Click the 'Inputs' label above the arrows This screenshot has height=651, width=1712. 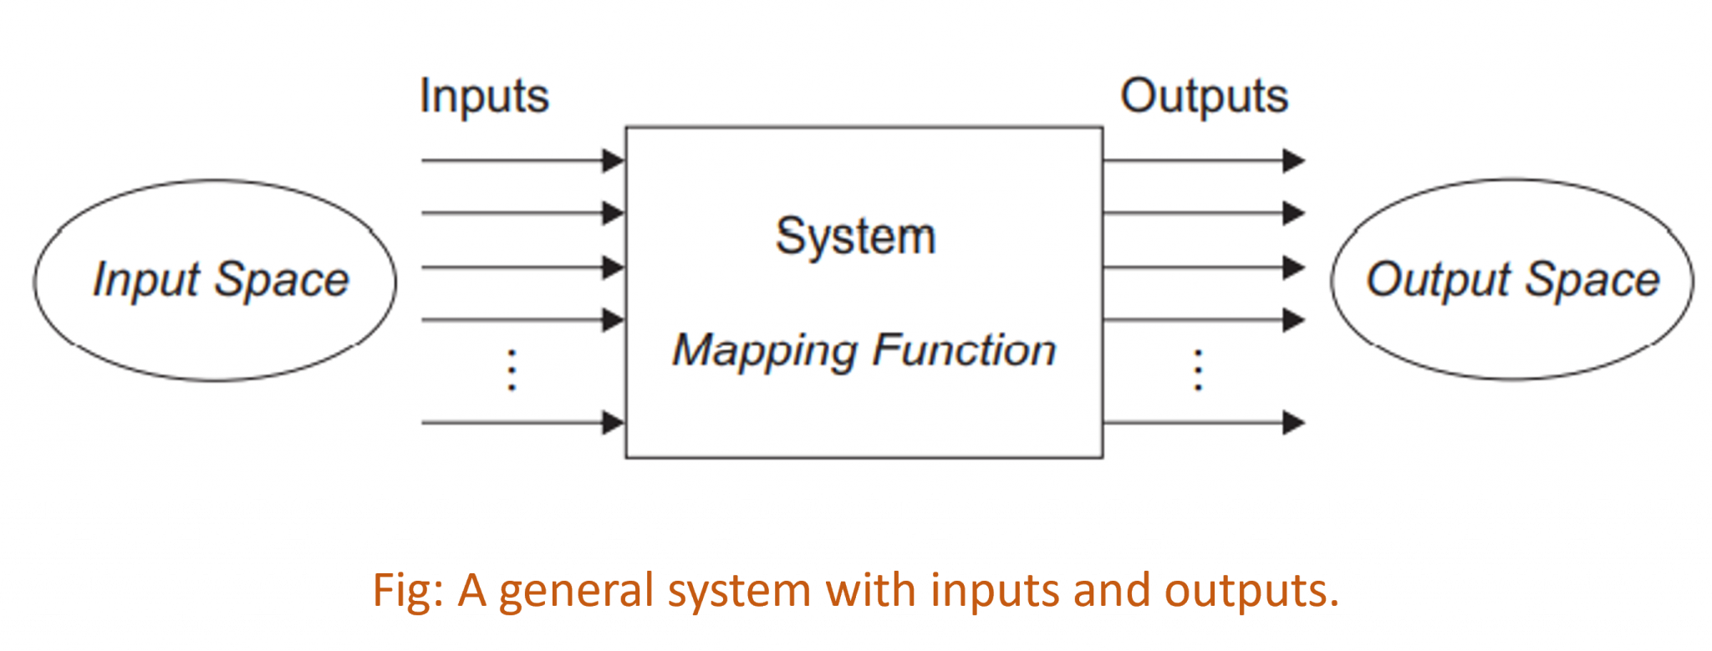[x=484, y=97]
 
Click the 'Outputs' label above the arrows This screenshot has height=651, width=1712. [x=1204, y=97]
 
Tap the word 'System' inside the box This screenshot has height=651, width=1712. [x=855, y=236]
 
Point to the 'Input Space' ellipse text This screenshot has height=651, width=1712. [x=221, y=280]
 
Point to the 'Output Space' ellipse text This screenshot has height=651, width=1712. [x=1512, y=280]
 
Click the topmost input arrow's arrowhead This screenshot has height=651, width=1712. [x=614, y=160]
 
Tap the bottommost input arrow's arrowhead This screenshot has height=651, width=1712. [x=614, y=423]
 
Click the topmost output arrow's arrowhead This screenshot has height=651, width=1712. [x=1294, y=160]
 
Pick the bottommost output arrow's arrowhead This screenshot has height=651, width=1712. [x=1294, y=423]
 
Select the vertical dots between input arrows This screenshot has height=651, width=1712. [x=512, y=370]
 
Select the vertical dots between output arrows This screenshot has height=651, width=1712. [x=1198, y=370]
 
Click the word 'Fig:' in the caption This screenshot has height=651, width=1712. [x=408, y=590]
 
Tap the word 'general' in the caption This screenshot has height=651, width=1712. [x=576, y=590]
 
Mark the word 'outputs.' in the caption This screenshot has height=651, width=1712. [x=1251, y=590]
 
